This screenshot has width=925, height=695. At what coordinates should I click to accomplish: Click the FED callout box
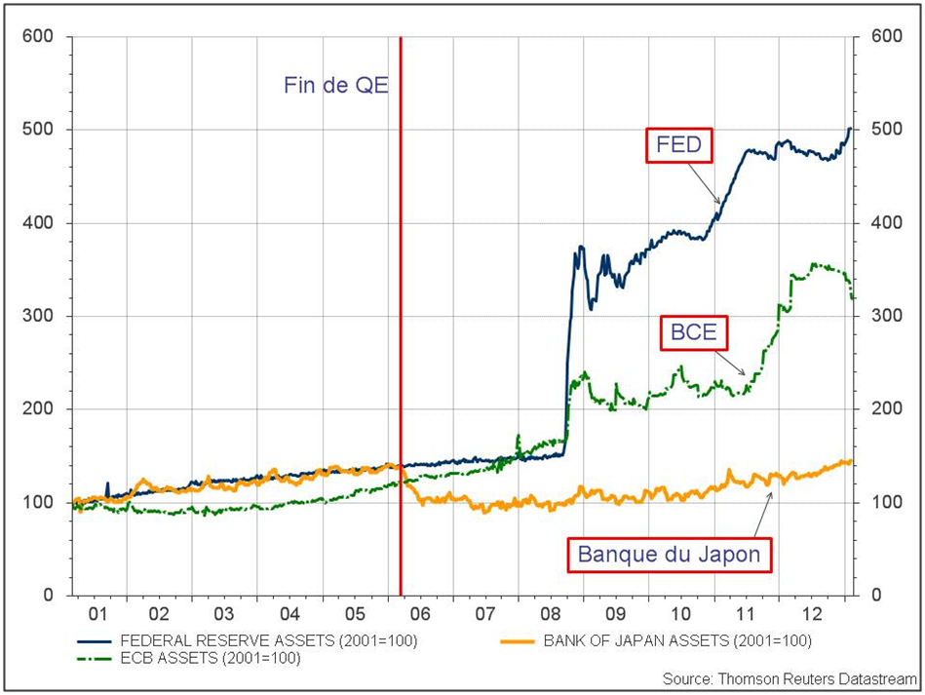(678, 146)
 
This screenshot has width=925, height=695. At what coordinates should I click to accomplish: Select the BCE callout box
(694, 332)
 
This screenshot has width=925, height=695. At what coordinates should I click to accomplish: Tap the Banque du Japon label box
(669, 556)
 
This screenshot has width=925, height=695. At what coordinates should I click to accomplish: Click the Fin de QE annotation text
(336, 86)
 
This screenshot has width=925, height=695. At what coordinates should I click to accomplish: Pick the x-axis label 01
(96, 616)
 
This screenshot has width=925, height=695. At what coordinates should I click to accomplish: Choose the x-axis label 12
(811, 616)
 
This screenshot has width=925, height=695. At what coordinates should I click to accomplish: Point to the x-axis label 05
(356, 616)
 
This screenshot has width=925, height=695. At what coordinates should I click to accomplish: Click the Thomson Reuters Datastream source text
(790, 677)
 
